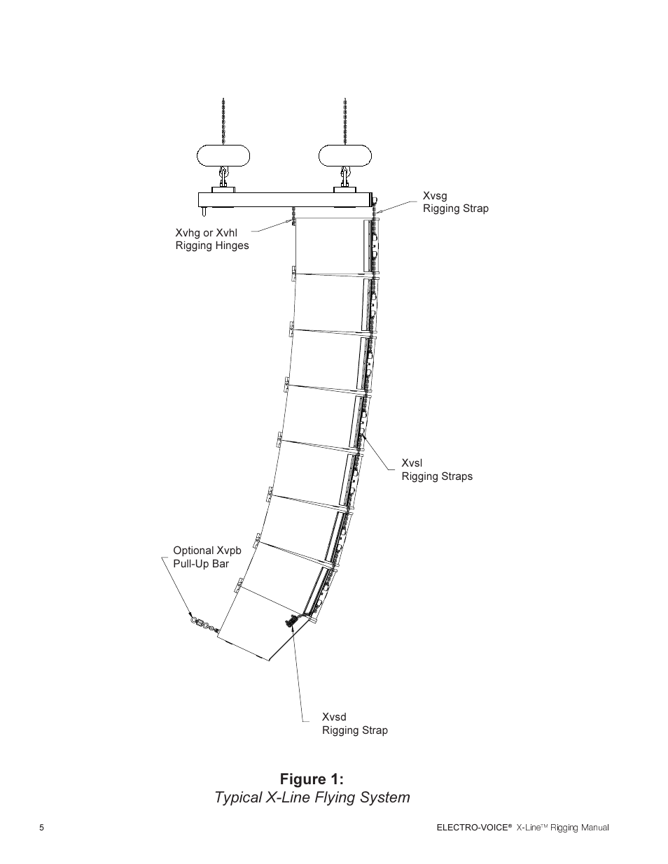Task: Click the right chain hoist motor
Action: pyautogui.click(x=345, y=155)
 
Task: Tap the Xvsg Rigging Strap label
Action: pyautogui.click(x=455, y=202)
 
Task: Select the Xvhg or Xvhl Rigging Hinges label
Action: pyautogui.click(x=211, y=239)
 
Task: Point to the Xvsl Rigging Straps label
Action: pyautogui.click(x=436, y=469)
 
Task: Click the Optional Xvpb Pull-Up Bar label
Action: pyautogui.click(x=207, y=557)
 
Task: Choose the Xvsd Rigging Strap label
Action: pyautogui.click(x=354, y=723)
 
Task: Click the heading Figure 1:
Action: pyautogui.click(x=312, y=779)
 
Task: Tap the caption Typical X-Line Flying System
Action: pyautogui.click(x=312, y=797)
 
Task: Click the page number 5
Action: pyautogui.click(x=41, y=828)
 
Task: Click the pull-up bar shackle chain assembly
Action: pyautogui.click(x=202, y=623)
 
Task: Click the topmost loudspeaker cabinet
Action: pyautogui.click(x=329, y=245)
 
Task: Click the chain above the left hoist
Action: pyautogui.click(x=223, y=119)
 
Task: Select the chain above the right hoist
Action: pyautogui.click(x=345, y=119)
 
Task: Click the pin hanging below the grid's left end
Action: pyautogui.click(x=204, y=211)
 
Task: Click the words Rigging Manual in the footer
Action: pyautogui.click(x=579, y=828)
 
